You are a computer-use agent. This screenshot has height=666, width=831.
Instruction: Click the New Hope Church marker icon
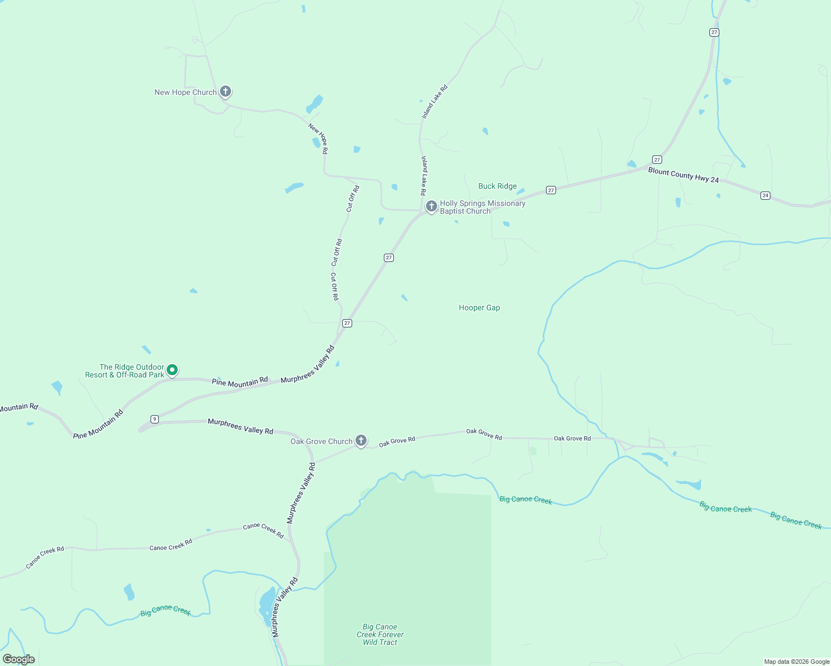(x=225, y=91)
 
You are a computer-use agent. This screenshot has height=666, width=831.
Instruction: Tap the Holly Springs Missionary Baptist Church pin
(x=431, y=206)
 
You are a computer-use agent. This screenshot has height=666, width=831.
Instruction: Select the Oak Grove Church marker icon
(x=361, y=441)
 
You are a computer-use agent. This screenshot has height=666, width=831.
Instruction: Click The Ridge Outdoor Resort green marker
(x=172, y=370)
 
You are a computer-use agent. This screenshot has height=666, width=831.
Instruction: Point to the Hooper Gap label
(x=479, y=308)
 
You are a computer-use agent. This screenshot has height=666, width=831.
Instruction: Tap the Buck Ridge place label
(x=497, y=186)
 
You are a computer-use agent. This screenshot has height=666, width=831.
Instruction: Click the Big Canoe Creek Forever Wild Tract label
(x=380, y=634)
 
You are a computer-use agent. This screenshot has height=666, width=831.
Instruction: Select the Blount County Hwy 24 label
(x=683, y=175)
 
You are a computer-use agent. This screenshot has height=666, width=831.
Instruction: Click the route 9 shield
(x=154, y=419)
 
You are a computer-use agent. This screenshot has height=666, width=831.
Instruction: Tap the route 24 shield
(x=765, y=195)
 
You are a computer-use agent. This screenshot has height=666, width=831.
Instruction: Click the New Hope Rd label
(x=318, y=138)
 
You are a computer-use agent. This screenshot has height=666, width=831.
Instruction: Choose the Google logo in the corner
(x=19, y=659)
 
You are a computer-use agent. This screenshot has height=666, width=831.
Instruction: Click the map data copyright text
(x=797, y=662)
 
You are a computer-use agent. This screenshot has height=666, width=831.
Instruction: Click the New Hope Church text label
(x=186, y=93)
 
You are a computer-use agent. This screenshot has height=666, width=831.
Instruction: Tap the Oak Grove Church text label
(x=322, y=442)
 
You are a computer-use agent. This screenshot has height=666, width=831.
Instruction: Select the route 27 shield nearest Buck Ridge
(x=550, y=190)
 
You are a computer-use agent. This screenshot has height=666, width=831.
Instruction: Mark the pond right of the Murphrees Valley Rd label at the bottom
(x=266, y=602)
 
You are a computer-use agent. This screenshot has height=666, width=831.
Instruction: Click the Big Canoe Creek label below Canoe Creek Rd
(x=166, y=611)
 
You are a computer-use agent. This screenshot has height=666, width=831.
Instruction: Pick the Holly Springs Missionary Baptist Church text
(x=482, y=208)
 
